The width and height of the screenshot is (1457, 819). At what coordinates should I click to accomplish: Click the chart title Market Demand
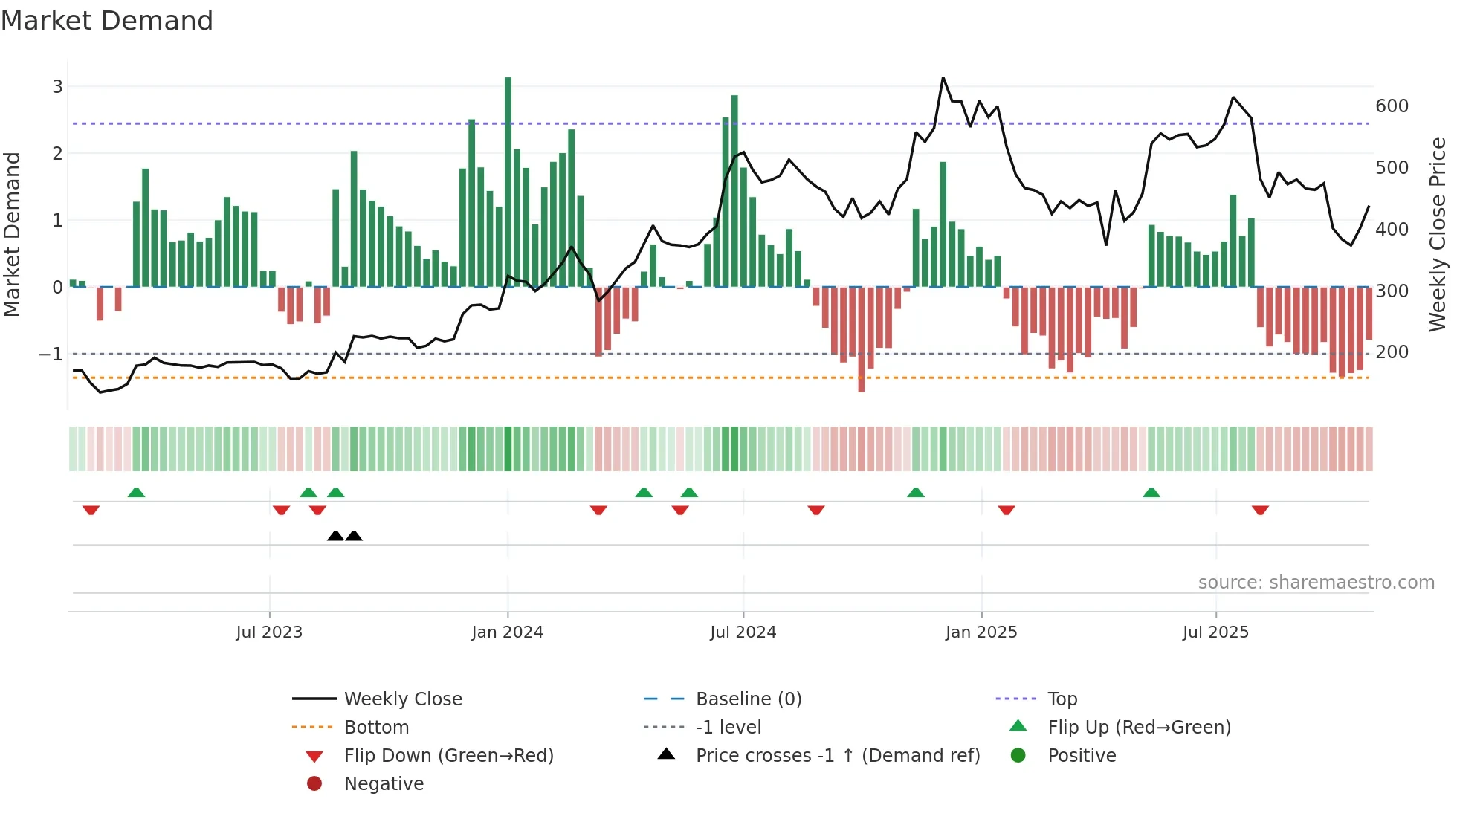tap(107, 21)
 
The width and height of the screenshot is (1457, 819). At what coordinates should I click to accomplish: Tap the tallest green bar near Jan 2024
tap(508, 182)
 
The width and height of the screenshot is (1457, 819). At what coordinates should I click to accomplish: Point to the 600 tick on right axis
tap(1392, 106)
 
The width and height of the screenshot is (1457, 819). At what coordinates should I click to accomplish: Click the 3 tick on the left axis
tap(57, 87)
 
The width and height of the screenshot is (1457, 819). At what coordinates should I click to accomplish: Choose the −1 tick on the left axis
tap(51, 355)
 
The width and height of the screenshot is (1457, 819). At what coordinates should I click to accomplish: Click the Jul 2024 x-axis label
tap(743, 632)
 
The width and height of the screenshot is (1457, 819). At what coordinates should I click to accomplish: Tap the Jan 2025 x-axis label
tap(981, 632)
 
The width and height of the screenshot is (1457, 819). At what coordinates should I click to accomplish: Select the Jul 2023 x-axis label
tap(269, 632)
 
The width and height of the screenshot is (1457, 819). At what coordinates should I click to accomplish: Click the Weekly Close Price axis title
tap(1438, 234)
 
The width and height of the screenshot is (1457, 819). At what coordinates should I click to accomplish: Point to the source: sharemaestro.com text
tap(1316, 583)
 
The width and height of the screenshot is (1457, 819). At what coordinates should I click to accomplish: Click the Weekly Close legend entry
tap(402, 699)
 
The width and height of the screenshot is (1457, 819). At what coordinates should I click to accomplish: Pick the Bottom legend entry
tap(376, 728)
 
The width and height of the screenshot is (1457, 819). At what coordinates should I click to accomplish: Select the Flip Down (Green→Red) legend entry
tap(448, 756)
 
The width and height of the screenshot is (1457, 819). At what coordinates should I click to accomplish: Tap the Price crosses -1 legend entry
tap(837, 756)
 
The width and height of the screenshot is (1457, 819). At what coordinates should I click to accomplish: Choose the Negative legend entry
tap(384, 784)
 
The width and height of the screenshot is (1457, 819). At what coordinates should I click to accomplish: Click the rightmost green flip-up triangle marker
tap(1151, 493)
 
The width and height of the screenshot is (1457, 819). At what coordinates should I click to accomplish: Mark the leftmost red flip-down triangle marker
tap(91, 510)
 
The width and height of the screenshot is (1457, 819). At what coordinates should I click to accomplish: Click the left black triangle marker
tap(335, 537)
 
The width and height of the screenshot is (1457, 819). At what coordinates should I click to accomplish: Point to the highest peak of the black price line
tap(943, 78)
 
